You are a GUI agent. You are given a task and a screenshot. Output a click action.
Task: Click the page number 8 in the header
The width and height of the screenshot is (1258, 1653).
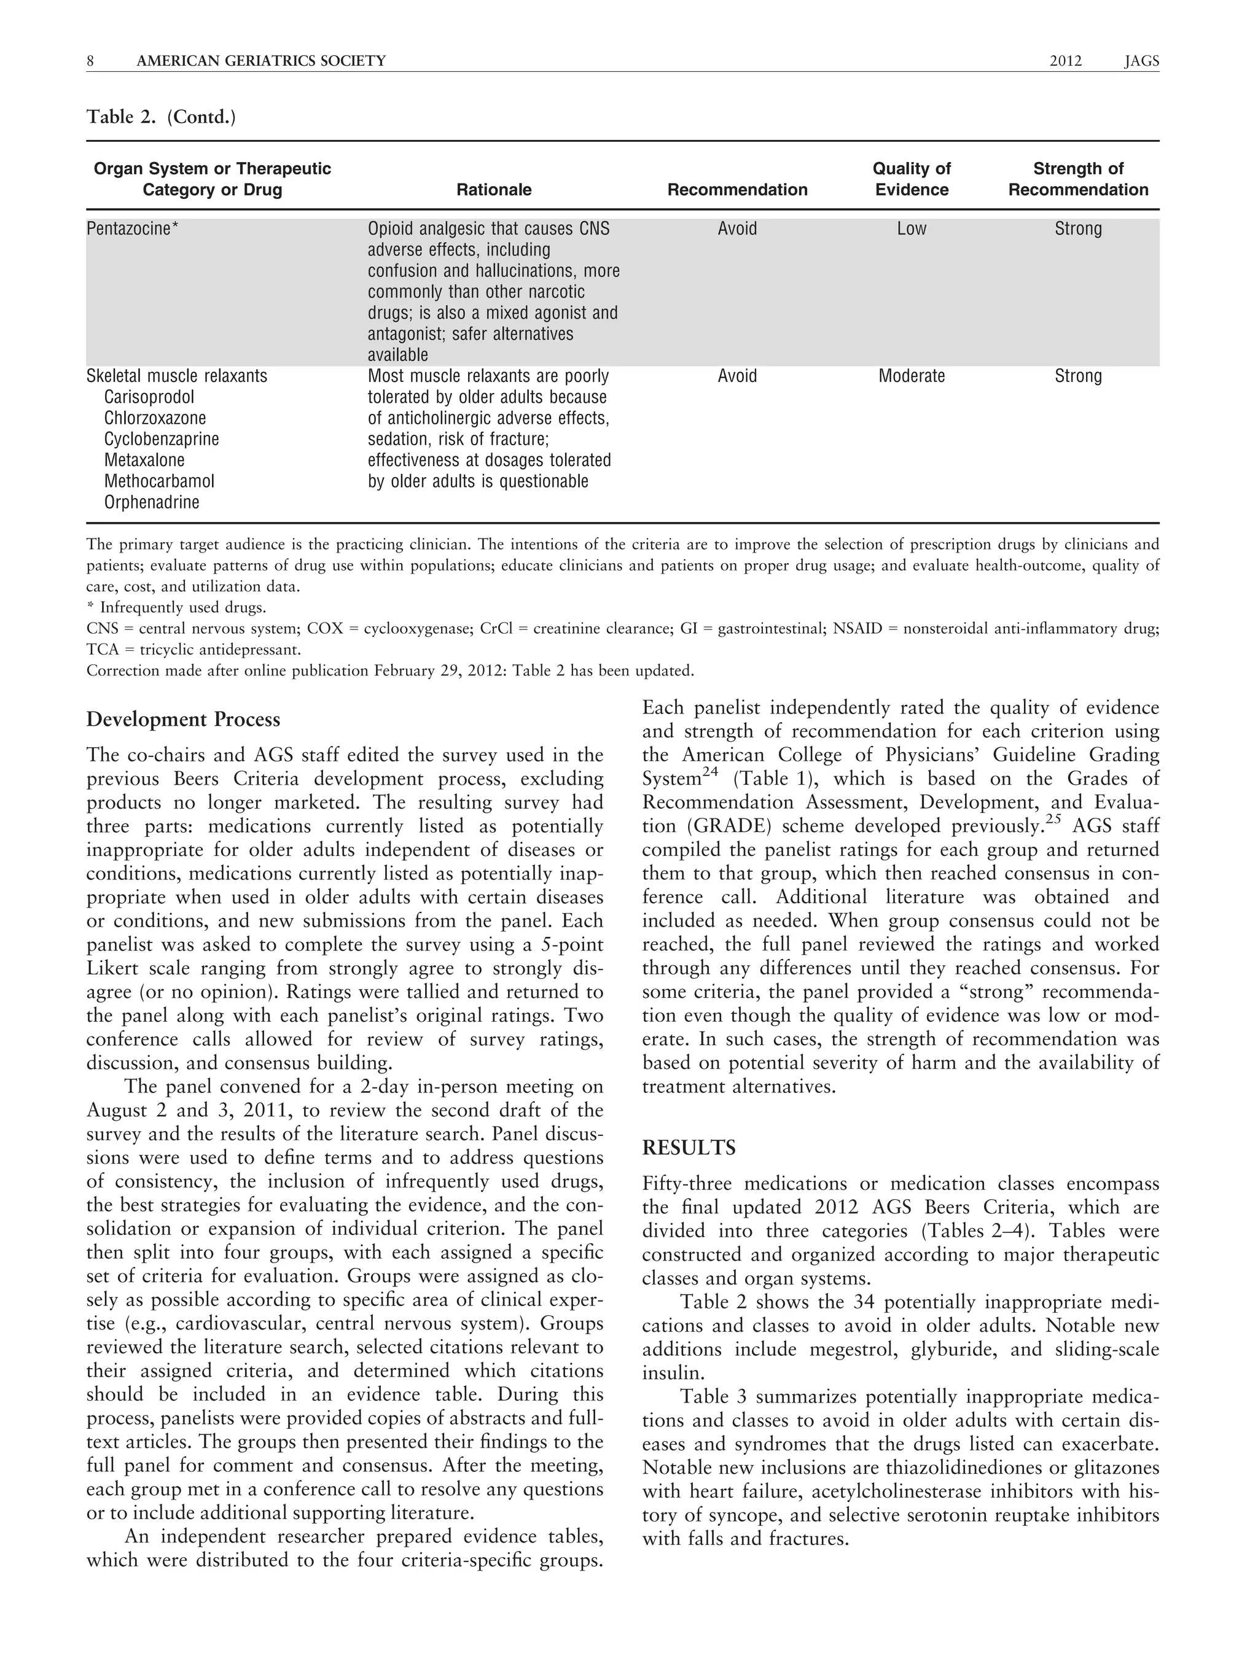[91, 61]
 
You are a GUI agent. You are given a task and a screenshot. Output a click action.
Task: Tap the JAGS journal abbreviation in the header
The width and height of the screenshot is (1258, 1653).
[1141, 61]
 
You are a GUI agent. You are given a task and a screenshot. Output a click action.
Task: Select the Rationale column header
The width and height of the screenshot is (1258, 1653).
[493, 189]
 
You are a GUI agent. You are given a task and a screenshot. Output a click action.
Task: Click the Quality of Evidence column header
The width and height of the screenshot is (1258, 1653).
[912, 179]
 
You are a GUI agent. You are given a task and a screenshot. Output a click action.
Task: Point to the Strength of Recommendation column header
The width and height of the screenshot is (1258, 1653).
[1077, 179]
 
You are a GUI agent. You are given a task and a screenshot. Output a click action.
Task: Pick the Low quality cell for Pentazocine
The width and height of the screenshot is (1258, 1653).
[912, 229]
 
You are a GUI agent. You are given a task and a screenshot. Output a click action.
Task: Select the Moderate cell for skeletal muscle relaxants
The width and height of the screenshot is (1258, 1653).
[912, 376]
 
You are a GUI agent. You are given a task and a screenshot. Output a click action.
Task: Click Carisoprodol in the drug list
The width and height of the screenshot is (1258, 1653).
[149, 397]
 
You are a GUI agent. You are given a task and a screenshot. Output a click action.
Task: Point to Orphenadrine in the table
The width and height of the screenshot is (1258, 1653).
[152, 502]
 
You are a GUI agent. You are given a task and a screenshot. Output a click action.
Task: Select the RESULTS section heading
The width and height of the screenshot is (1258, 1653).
[689, 1148]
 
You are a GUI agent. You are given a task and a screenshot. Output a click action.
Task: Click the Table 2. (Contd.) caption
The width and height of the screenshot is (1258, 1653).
[161, 117]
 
